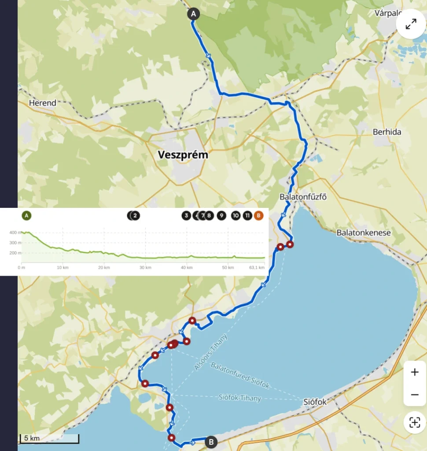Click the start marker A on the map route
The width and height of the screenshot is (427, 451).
[193, 14]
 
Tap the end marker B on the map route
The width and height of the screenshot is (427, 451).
[211, 442]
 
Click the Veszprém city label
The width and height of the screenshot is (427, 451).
[183, 155]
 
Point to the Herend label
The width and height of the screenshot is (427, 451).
[43, 103]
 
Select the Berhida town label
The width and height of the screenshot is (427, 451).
[387, 132]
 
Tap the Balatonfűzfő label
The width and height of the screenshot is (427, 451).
[303, 197]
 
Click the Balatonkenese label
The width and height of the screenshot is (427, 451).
[363, 233]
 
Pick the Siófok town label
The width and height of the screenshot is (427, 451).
[316, 402]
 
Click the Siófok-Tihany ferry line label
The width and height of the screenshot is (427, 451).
[240, 398]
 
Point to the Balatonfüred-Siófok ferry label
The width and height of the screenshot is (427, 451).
[240, 376]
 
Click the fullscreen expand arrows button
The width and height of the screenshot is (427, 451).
[411, 25]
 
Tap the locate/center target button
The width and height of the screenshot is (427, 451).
[415, 423]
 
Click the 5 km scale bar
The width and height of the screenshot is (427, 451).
[49, 439]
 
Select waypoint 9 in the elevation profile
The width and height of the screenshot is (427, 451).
[221, 216]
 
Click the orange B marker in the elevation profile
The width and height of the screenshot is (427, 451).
[259, 216]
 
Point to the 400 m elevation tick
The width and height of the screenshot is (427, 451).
[15, 233]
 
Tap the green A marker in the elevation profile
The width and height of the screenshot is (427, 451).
[27, 216]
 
